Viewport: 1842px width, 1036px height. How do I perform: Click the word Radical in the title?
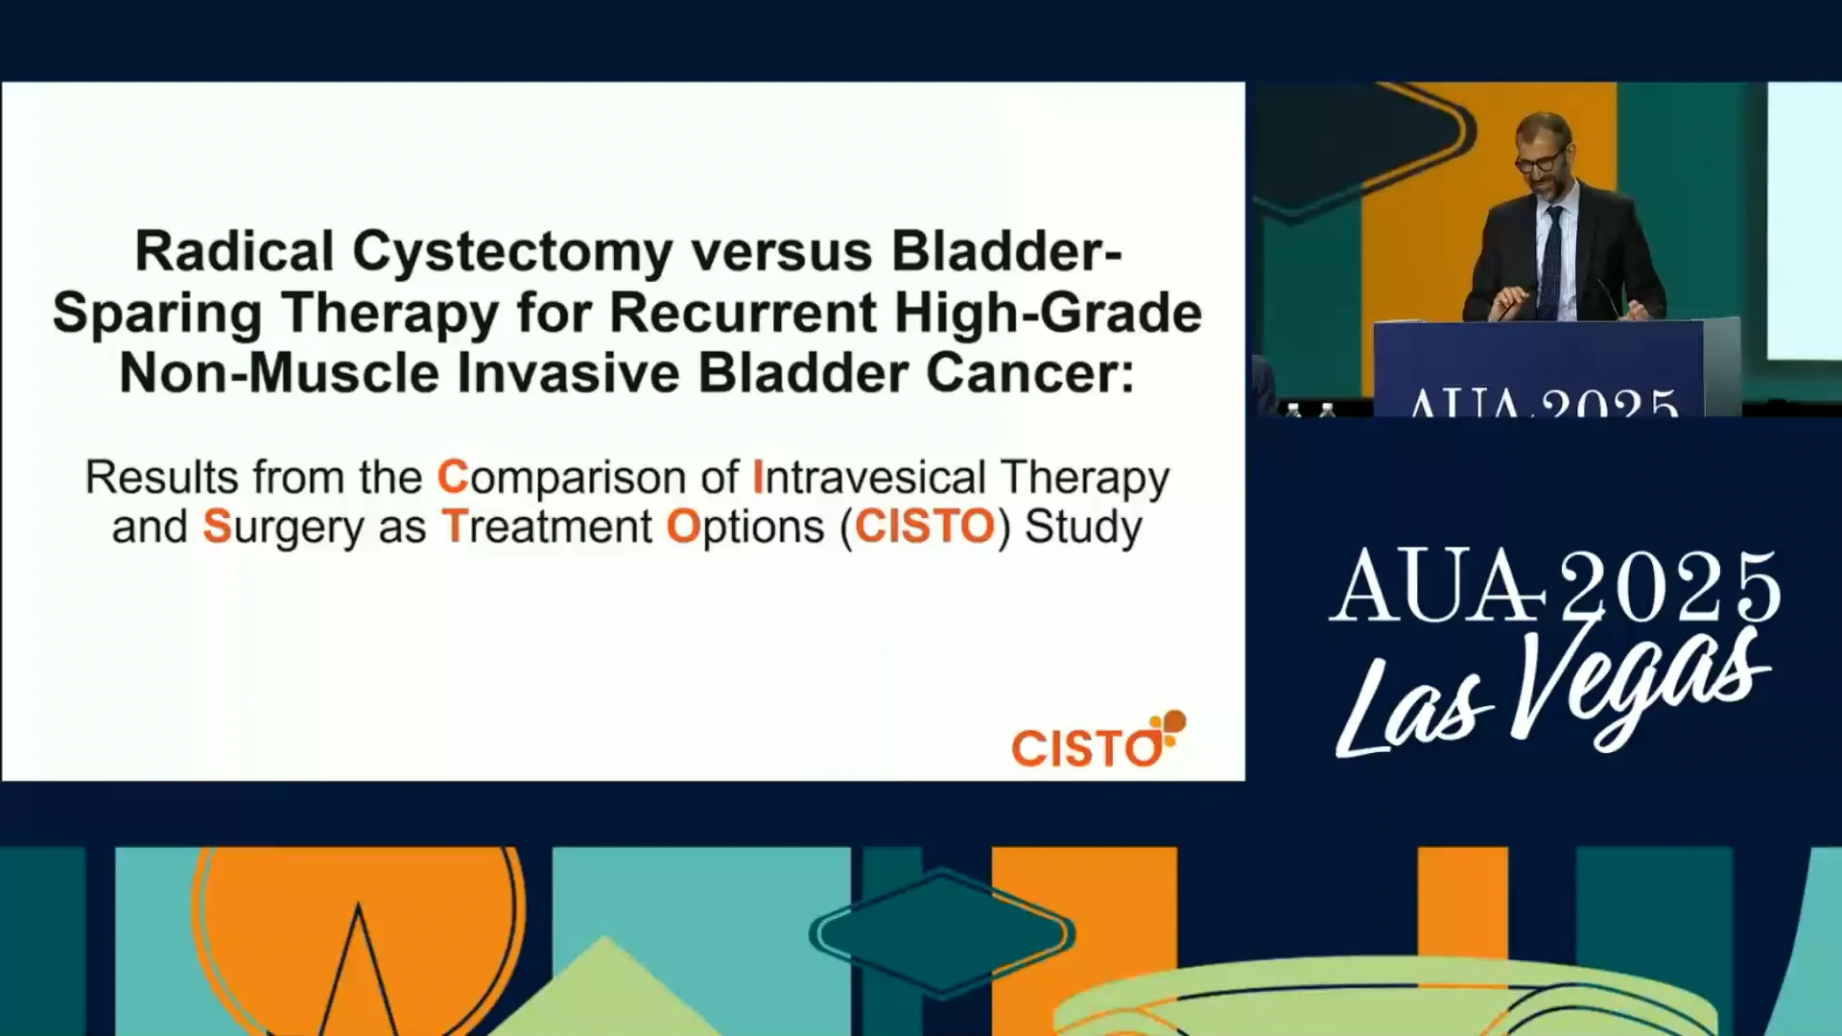pos(234,251)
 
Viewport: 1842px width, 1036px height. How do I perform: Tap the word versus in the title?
pos(782,253)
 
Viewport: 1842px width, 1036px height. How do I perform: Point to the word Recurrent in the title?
pos(744,313)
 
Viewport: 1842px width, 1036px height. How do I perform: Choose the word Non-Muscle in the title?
pos(279,373)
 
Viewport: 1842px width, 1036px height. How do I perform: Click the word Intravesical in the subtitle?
pos(869,478)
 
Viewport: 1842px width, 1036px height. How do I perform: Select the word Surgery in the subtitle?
pos(283,529)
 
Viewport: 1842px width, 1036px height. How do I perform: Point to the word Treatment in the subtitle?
pos(547,527)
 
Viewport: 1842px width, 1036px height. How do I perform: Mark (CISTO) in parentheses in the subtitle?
pos(926,528)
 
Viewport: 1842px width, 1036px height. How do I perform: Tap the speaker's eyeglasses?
pos(1541,159)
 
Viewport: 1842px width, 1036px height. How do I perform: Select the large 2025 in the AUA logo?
pos(1669,586)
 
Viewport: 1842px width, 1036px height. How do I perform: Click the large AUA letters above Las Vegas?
pos(1437,586)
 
